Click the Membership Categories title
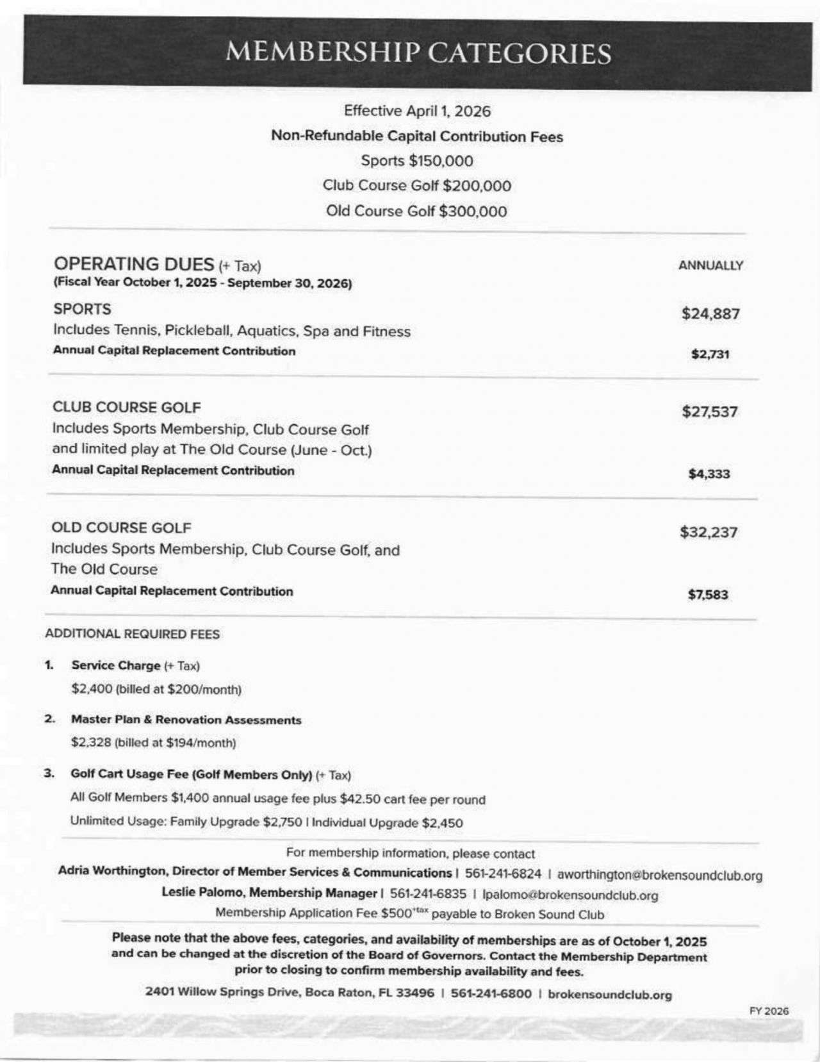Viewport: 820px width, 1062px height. click(x=418, y=53)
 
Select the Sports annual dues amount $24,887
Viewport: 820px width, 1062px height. click(x=710, y=313)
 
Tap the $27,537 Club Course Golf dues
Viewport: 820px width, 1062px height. click(x=710, y=411)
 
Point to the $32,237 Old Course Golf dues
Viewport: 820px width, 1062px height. click(x=709, y=532)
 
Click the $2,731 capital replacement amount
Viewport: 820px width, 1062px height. click(x=710, y=354)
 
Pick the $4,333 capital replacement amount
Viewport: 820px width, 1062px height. click(x=709, y=474)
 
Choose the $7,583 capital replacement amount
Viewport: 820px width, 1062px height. click(x=708, y=595)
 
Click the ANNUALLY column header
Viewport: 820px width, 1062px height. click(x=710, y=265)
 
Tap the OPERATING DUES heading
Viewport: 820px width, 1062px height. click(x=134, y=264)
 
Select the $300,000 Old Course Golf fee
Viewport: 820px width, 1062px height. click(x=473, y=212)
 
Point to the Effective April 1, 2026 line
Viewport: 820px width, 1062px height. click(x=417, y=111)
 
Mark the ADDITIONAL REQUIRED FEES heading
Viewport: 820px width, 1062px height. click(x=133, y=634)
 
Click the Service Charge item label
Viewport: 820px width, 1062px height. click(x=116, y=665)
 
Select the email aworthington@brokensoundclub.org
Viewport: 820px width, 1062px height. click(x=659, y=875)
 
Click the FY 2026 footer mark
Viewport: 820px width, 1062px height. click(x=769, y=1011)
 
